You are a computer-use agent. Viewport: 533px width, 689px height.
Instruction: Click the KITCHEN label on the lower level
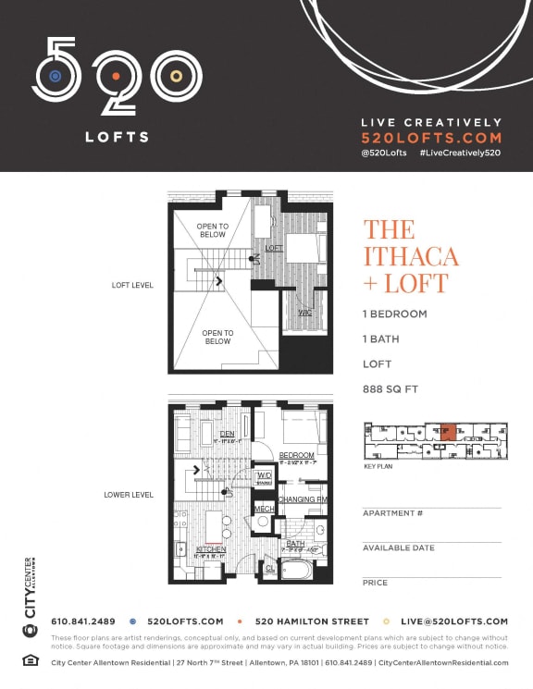[212, 549]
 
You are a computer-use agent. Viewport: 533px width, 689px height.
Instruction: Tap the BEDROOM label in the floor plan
[297, 456]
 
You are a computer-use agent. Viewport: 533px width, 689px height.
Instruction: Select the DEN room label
[227, 434]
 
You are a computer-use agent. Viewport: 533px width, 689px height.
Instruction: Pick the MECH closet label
[264, 509]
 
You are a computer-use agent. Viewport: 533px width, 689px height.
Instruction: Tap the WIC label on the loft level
[304, 313]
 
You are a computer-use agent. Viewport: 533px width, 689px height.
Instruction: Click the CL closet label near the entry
[269, 569]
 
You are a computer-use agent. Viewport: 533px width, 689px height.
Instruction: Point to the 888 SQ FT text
[390, 389]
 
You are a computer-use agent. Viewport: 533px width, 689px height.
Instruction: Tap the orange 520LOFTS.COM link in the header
[430, 137]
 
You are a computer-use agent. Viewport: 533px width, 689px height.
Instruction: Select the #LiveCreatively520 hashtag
[459, 151]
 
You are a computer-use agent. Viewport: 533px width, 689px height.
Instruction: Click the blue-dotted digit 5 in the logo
[56, 73]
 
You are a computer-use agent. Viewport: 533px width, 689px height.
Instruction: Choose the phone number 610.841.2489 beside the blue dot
[82, 621]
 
